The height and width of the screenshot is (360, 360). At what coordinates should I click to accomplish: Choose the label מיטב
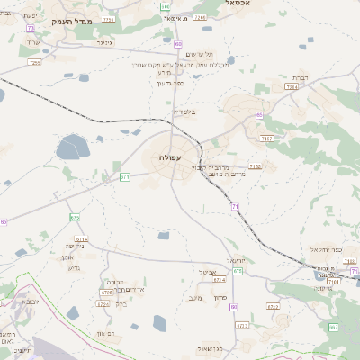pos(196,298)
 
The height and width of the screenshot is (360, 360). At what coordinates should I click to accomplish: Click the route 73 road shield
pos(30,29)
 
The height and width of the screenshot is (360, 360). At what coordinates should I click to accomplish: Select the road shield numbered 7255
pos(35,63)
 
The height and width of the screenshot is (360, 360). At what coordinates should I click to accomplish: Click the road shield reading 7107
pos(266,138)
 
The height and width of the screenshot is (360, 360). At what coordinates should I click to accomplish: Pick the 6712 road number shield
pos(273,306)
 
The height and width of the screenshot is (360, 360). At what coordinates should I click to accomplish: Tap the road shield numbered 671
pos(125,177)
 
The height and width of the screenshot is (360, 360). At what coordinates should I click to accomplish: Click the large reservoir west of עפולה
pos(70,147)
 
